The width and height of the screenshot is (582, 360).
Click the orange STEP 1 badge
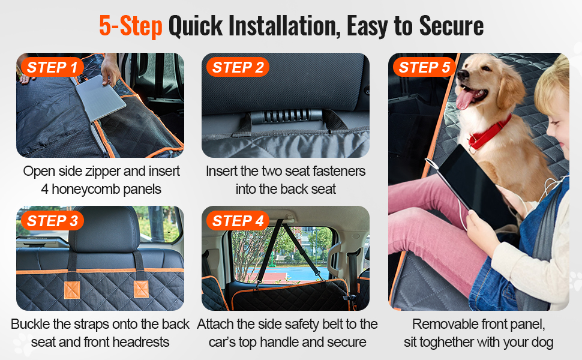pos(52,67)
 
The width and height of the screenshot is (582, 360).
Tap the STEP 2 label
pos(238,67)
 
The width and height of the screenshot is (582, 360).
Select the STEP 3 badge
pos(52,221)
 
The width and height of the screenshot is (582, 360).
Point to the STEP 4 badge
pos(238,221)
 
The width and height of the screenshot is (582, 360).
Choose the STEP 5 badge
pos(424,67)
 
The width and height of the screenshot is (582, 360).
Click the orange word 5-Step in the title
pos(131,26)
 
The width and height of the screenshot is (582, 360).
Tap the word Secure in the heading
pos(451,26)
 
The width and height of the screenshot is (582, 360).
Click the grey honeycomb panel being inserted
pos(100,98)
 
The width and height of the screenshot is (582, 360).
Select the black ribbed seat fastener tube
pos(286,116)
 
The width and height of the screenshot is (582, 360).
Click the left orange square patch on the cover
pos(72,290)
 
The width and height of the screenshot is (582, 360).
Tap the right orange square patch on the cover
pos(141,289)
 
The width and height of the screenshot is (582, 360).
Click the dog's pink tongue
pos(466,99)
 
